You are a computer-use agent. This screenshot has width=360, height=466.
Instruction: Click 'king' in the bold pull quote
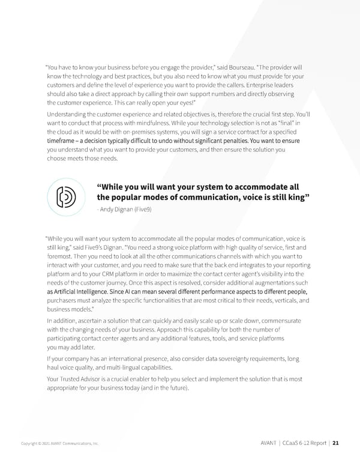[x=296, y=198]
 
